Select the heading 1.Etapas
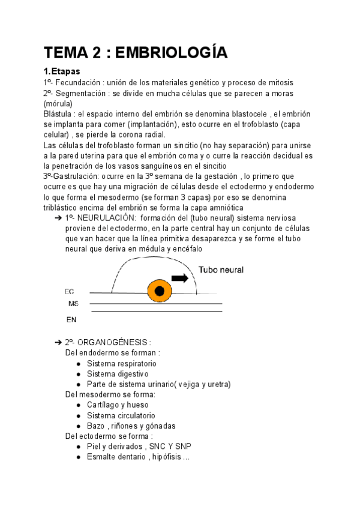click(64, 71)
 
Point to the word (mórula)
click(61, 104)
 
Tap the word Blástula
click(60, 114)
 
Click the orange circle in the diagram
click(159, 291)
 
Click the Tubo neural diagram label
click(221, 270)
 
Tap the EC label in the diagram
click(70, 291)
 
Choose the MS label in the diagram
click(73, 304)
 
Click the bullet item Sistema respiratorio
click(121, 364)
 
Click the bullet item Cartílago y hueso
click(118, 405)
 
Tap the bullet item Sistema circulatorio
click(121, 415)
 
